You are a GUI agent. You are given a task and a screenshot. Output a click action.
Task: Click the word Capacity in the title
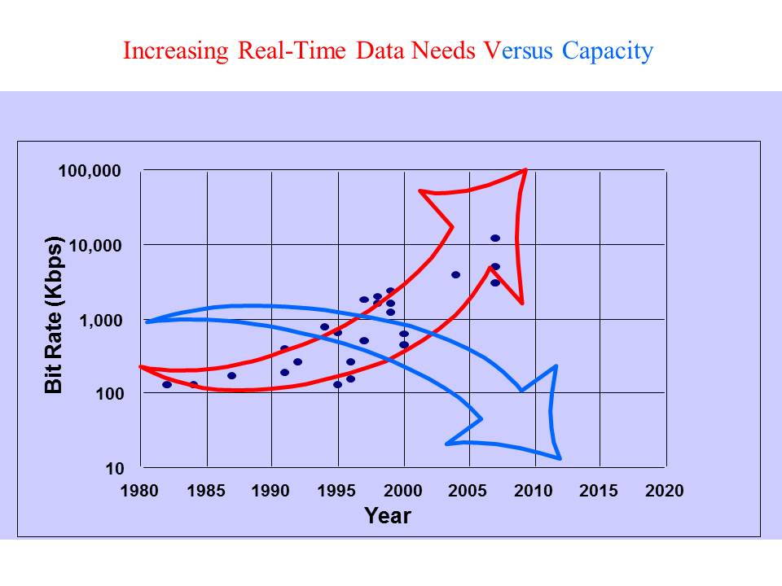[x=607, y=51]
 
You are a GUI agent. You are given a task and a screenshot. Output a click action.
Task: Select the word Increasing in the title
[x=175, y=51]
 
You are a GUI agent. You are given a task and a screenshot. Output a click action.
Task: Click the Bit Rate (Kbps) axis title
[x=55, y=315]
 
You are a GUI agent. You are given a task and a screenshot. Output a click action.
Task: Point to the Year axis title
[x=388, y=516]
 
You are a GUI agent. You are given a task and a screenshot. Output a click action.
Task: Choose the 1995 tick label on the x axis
[x=337, y=491]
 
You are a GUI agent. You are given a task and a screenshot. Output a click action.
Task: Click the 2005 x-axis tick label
[x=468, y=491]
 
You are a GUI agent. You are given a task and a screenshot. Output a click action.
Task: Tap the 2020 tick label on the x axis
[x=665, y=491]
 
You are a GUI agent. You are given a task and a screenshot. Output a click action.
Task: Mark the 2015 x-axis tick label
[x=600, y=491]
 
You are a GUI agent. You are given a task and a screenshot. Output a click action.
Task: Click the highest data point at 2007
[x=495, y=238]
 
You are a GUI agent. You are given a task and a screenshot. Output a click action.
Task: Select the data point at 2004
[x=455, y=275]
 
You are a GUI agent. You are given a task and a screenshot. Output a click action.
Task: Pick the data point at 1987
[x=232, y=376]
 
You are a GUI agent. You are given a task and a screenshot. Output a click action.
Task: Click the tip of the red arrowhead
[x=526, y=170]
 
